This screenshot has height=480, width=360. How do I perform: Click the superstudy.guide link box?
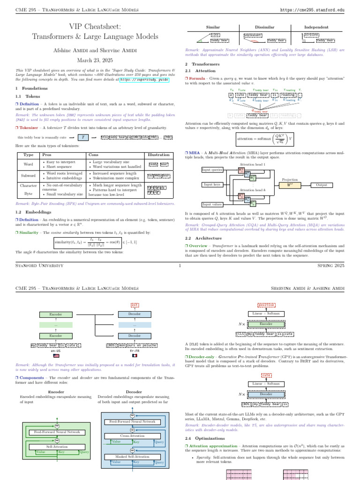point(144,80)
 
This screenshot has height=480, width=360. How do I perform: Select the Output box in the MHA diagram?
point(321,185)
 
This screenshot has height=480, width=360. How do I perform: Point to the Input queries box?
point(212,169)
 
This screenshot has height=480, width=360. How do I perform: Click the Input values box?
point(212,204)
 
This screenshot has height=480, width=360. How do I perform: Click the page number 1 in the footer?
point(180,265)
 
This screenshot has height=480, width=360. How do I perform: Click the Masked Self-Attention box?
point(133,456)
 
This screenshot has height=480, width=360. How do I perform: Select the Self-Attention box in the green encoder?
point(55,447)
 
